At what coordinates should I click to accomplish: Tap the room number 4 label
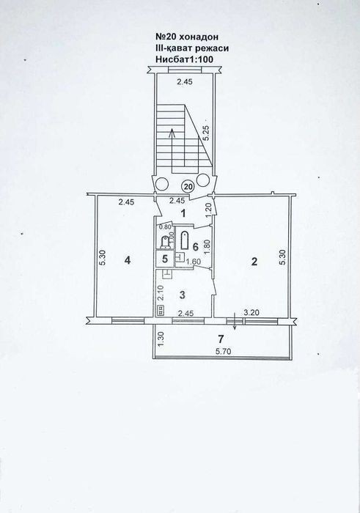pyautogui.click(x=128, y=260)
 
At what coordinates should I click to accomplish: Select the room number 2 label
pyautogui.click(x=254, y=262)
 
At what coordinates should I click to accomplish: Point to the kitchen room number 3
pyautogui.click(x=183, y=295)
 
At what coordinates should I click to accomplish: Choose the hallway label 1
pyautogui.click(x=183, y=214)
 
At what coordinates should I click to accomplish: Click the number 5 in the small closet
pyautogui.click(x=165, y=259)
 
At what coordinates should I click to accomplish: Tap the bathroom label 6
pyautogui.click(x=195, y=247)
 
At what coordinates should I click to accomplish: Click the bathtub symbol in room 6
pyautogui.click(x=184, y=240)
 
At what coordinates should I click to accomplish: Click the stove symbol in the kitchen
pyautogui.click(x=161, y=311)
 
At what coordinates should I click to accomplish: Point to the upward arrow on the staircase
pyautogui.click(x=172, y=144)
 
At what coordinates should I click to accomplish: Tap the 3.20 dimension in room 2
pyautogui.click(x=251, y=312)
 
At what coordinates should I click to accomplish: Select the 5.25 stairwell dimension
pyautogui.click(x=207, y=133)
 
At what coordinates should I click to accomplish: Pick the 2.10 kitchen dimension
pyautogui.click(x=161, y=293)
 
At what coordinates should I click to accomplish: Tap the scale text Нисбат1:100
pyautogui.click(x=185, y=59)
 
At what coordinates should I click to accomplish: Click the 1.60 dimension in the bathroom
pyautogui.click(x=194, y=261)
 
